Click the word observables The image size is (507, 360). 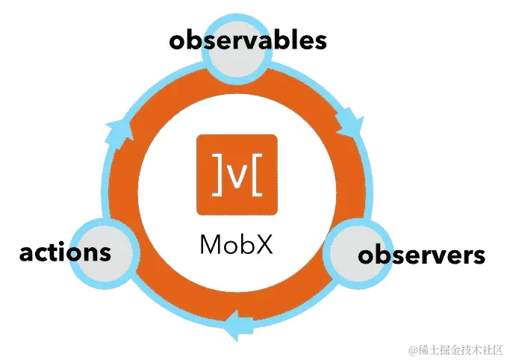coord(248,40)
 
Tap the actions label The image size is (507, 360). coord(65,252)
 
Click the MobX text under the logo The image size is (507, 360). coord(236,244)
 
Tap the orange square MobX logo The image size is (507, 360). coord(236,174)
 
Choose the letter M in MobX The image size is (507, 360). coord(210,244)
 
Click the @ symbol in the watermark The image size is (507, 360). coord(410,349)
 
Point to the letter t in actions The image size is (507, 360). coord(53,252)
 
